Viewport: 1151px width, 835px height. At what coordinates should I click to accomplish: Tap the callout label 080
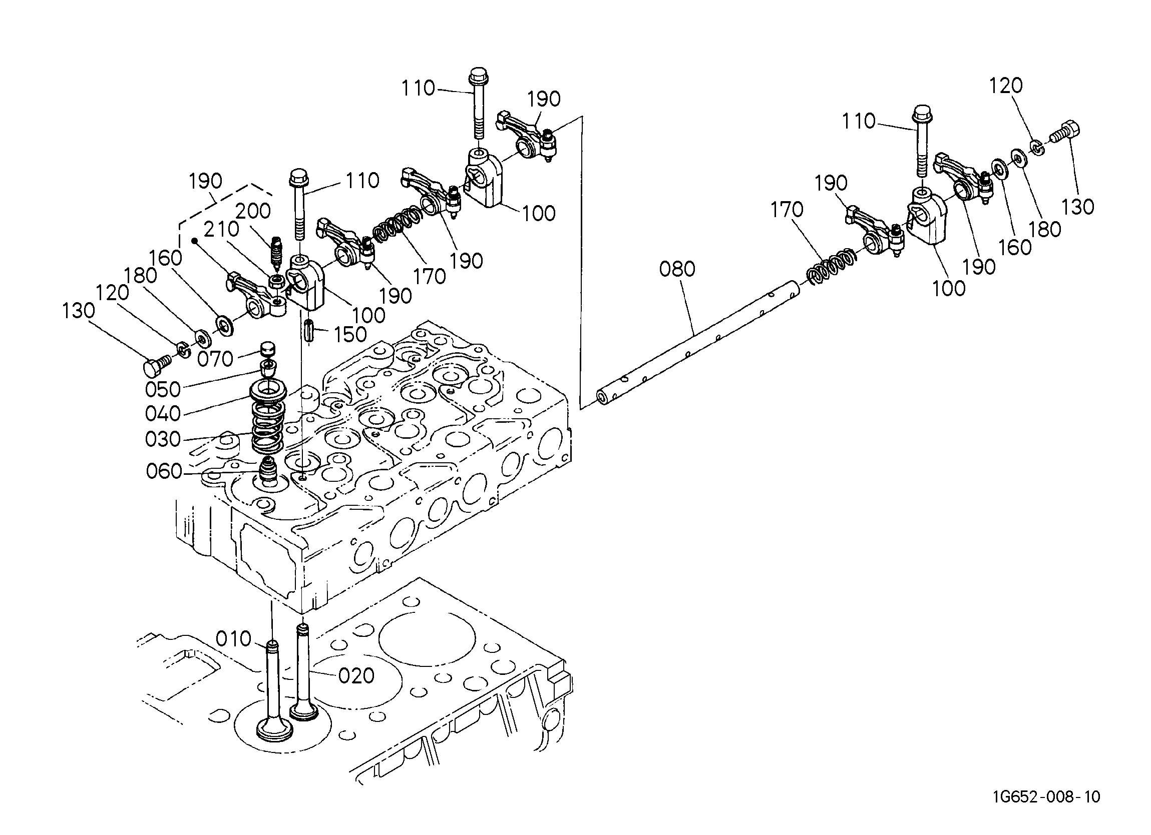(677, 269)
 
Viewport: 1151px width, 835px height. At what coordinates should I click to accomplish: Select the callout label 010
(233, 639)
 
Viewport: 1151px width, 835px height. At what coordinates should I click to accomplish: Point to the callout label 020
(356, 676)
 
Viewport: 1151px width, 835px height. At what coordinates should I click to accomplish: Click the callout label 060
(164, 472)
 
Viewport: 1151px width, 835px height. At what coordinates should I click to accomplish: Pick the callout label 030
(163, 439)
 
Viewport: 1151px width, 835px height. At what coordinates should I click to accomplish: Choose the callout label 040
(163, 414)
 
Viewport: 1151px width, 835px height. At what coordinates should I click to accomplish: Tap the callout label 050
(163, 390)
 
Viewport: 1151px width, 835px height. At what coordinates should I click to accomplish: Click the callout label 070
(215, 359)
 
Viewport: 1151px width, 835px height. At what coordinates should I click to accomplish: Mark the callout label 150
(350, 335)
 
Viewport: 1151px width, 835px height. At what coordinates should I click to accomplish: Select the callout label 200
(253, 211)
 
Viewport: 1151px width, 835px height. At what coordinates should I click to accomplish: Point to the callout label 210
(222, 229)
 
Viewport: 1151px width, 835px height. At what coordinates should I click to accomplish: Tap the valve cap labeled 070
(267, 350)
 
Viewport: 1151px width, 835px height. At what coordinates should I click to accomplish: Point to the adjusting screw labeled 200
(276, 254)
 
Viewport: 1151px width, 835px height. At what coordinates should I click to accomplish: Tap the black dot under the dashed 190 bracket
(194, 241)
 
